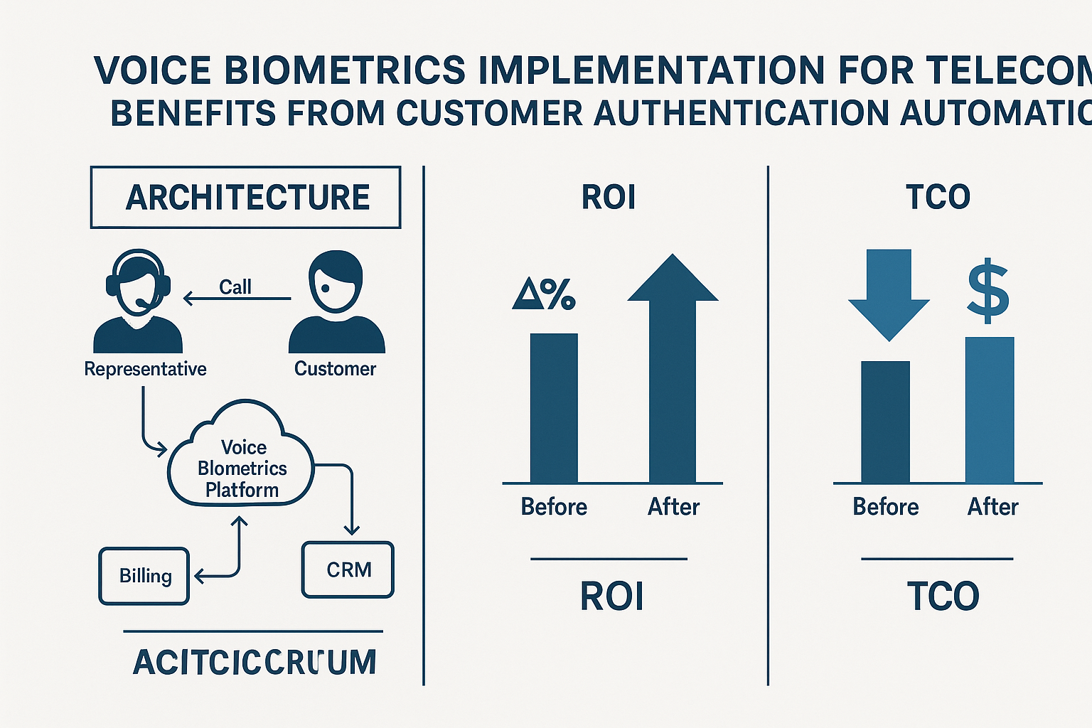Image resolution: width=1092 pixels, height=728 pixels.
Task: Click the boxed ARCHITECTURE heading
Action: (x=246, y=197)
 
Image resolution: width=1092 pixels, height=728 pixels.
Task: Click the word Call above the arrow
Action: (x=235, y=287)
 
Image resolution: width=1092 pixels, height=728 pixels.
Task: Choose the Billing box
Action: (x=144, y=576)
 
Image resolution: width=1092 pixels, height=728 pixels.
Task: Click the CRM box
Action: (x=348, y=569)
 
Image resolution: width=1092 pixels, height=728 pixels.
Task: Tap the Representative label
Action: (x=145, y=369)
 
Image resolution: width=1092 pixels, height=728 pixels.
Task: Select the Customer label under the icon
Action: (x=335, y=369)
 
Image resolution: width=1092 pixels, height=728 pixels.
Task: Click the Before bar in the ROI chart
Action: (x=554, y=408)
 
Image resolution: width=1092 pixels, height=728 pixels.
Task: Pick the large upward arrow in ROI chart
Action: (x=673, y=355)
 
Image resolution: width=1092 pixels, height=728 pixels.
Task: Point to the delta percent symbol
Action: (x=544, y=293)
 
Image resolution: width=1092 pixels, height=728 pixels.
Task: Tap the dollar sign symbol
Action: (x=988, y=291)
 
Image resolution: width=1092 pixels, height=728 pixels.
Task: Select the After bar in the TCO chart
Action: (x=989, y=410)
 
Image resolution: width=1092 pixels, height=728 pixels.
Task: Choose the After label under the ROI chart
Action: (x=673, y=507)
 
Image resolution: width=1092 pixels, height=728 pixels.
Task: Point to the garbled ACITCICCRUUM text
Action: (x=255, y=663)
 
